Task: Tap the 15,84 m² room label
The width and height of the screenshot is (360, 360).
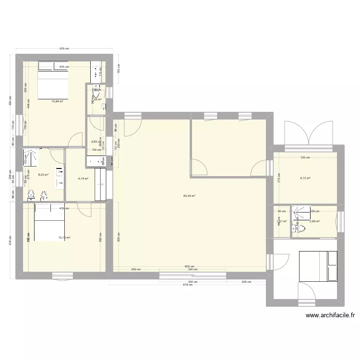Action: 58,101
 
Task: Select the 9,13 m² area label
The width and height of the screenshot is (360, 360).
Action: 305,178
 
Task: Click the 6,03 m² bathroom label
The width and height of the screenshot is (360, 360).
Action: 44,161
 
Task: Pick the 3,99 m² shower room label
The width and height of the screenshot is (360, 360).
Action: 314,221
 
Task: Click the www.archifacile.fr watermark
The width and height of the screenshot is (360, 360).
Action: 330,315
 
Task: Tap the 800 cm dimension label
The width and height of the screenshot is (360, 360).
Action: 189,267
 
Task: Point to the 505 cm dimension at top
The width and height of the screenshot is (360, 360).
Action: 64,48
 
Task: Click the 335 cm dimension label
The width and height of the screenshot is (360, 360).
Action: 305,157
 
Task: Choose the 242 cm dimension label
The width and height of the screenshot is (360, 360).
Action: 136,269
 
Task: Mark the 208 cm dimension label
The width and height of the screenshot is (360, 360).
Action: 246,282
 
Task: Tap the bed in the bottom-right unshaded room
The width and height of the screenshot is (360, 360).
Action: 318,266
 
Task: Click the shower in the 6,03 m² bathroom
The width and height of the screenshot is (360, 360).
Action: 32,157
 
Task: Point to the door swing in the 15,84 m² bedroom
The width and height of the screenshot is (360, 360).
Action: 76,140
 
